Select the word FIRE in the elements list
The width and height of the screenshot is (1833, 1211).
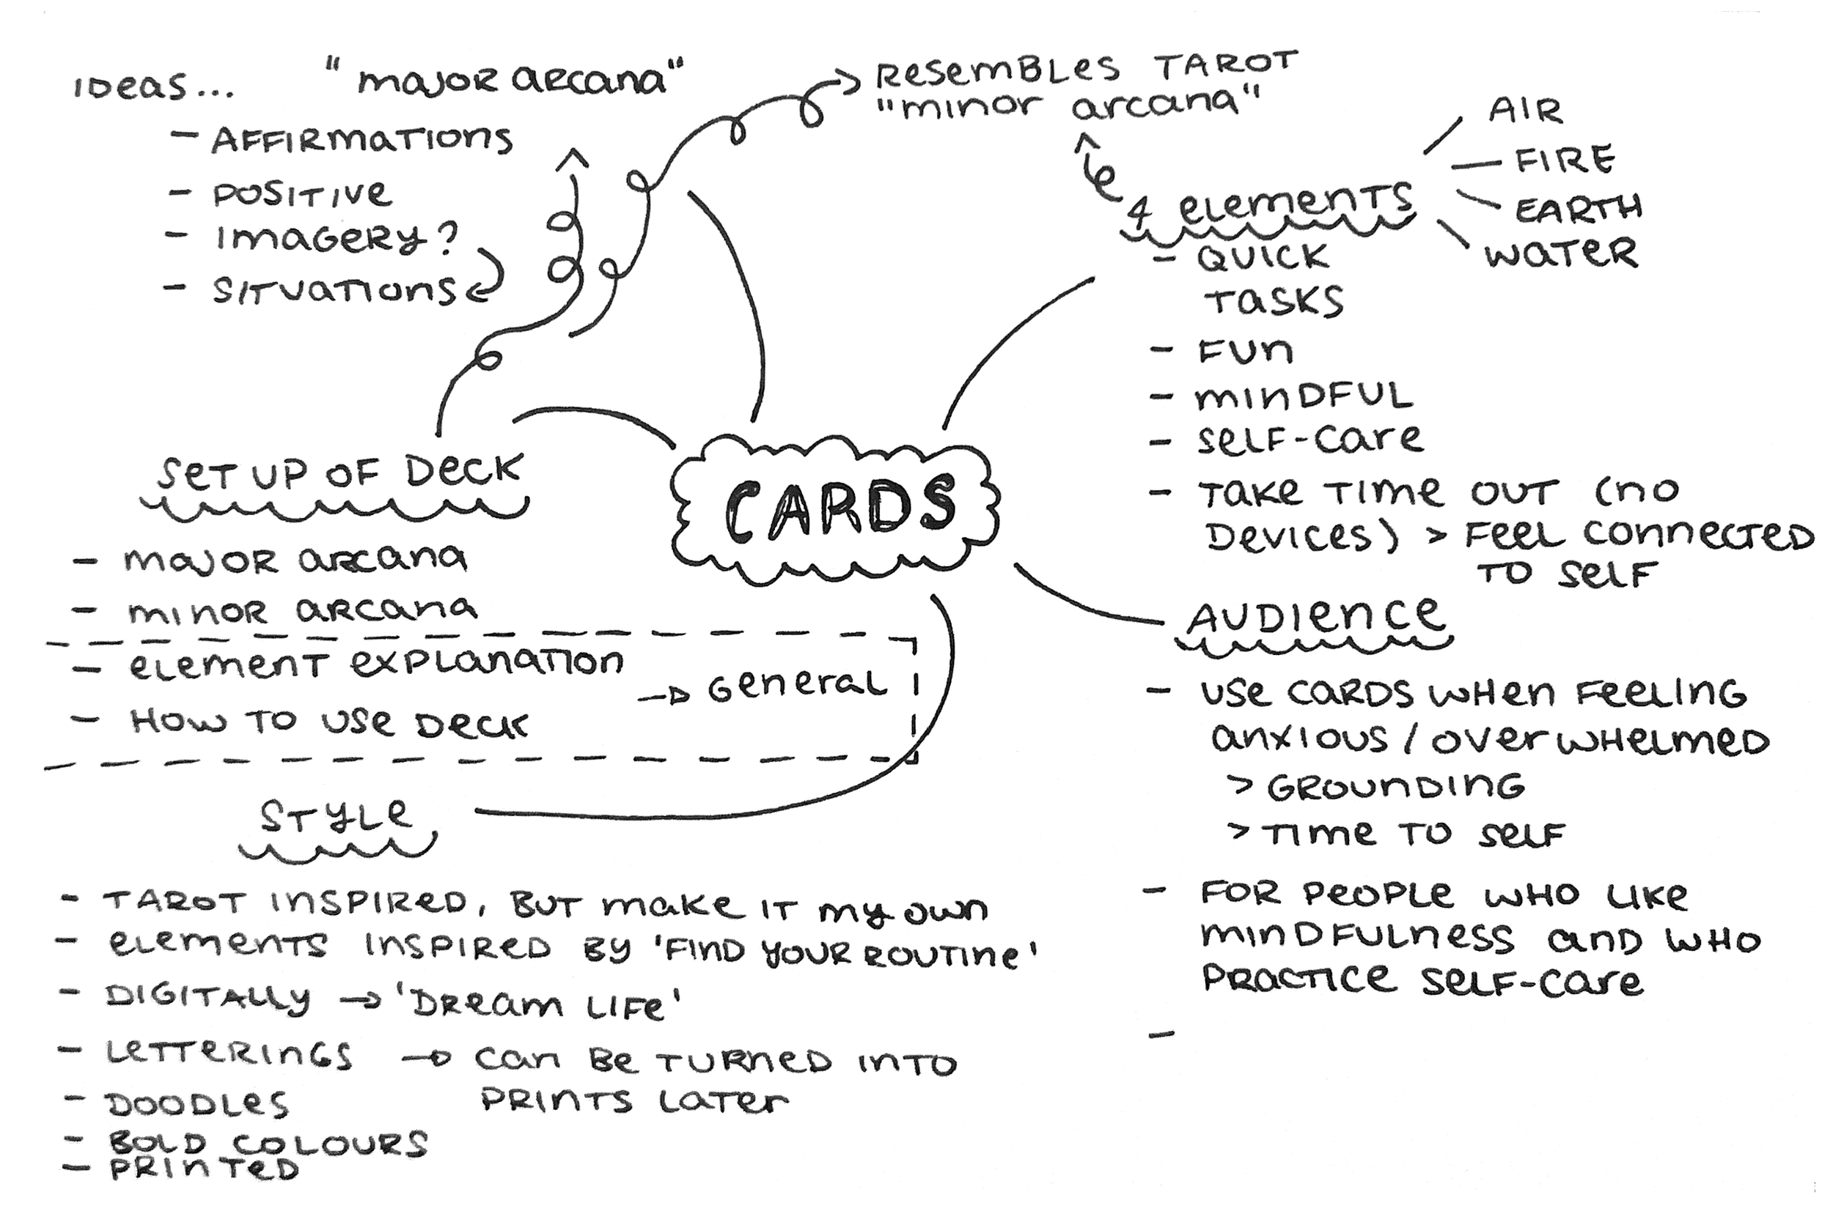coord(1564,160)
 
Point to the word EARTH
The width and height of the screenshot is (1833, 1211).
coord(1578,209)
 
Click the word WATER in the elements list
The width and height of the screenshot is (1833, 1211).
coord(1560,253)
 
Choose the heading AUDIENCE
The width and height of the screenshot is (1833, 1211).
coord(1315,617)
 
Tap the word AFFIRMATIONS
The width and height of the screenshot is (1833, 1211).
coord(361,140)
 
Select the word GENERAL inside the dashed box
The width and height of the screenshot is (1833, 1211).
coord(797,686)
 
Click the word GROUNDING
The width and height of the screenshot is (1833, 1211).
coord(1395,787)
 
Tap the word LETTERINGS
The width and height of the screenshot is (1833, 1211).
coord(229,1053)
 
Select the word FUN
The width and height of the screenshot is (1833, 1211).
coord(1245,352)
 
